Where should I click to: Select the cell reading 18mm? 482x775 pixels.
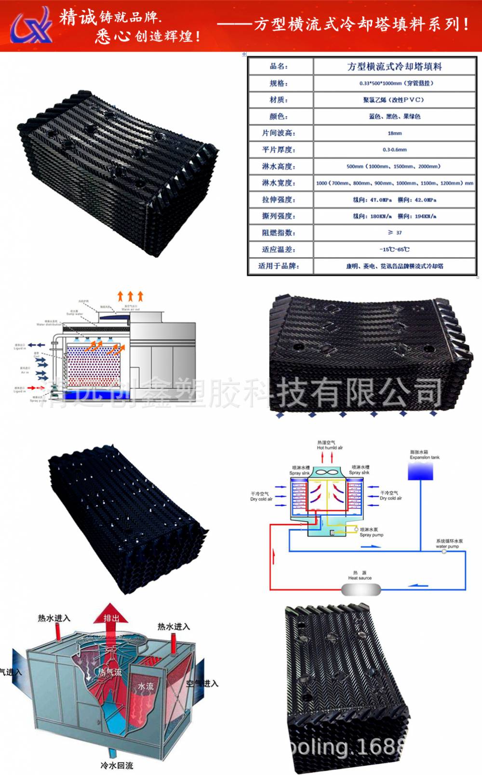click(394, 133)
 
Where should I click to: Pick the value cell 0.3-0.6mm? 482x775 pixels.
click(394, 149)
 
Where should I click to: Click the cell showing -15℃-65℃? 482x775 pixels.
click(394, 249)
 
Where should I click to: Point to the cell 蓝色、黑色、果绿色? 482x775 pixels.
click(394, 117)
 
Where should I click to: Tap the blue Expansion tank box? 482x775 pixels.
click(420, 472)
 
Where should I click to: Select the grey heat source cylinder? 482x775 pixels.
click(361, 589)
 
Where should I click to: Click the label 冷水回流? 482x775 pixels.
click(117, 765)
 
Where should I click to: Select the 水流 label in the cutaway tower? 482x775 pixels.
click(146, 686)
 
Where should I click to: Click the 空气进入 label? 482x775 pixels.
click(202, 683)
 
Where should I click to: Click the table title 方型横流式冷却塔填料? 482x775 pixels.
click(394, 66)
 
